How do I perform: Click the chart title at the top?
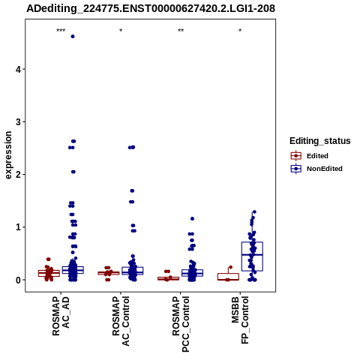151,8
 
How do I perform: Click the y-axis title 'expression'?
8,155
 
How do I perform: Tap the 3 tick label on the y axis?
18,122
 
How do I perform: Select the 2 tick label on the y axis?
18,175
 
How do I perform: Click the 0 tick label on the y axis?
18,280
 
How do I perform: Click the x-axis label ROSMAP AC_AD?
61,316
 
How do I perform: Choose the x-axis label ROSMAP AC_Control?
121,321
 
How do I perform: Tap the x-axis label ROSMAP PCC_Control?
181,324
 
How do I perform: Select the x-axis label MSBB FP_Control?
240,320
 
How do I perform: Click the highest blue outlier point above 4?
73,37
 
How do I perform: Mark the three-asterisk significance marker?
61,31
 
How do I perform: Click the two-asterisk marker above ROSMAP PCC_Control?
181,31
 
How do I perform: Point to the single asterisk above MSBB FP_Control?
240,31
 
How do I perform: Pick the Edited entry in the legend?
310,156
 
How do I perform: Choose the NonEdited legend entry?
316,169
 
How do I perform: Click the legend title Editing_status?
320,141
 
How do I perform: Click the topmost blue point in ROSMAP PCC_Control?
192,219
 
